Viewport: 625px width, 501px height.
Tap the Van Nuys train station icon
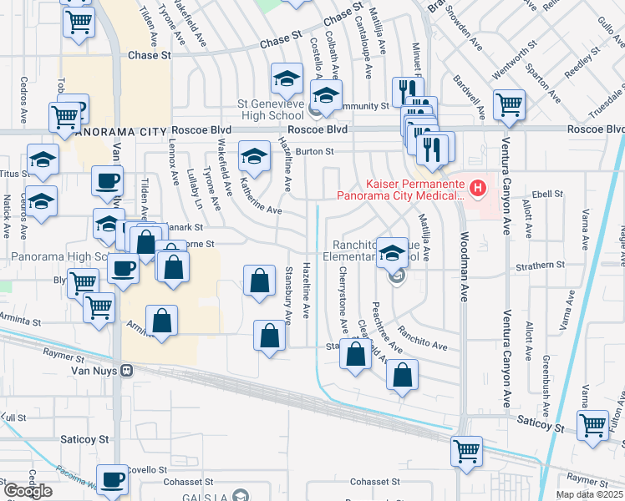click(x=127, y=370)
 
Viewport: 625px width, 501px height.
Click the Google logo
click(x=28, y=492)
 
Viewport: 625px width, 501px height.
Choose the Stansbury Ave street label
click(x=287, y=294)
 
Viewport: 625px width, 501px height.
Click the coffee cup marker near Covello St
click(x=111, y=480)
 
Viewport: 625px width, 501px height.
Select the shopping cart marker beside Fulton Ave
click(x=592, y=424)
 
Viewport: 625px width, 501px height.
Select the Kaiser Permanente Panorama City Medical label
click(x=400, y=190)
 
